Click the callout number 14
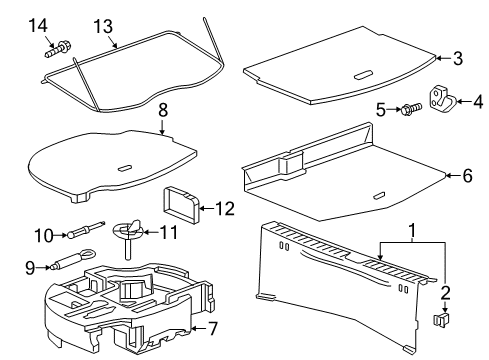pos(37,24)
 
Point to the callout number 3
pos(458,59)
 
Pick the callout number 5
pos(466,176)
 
